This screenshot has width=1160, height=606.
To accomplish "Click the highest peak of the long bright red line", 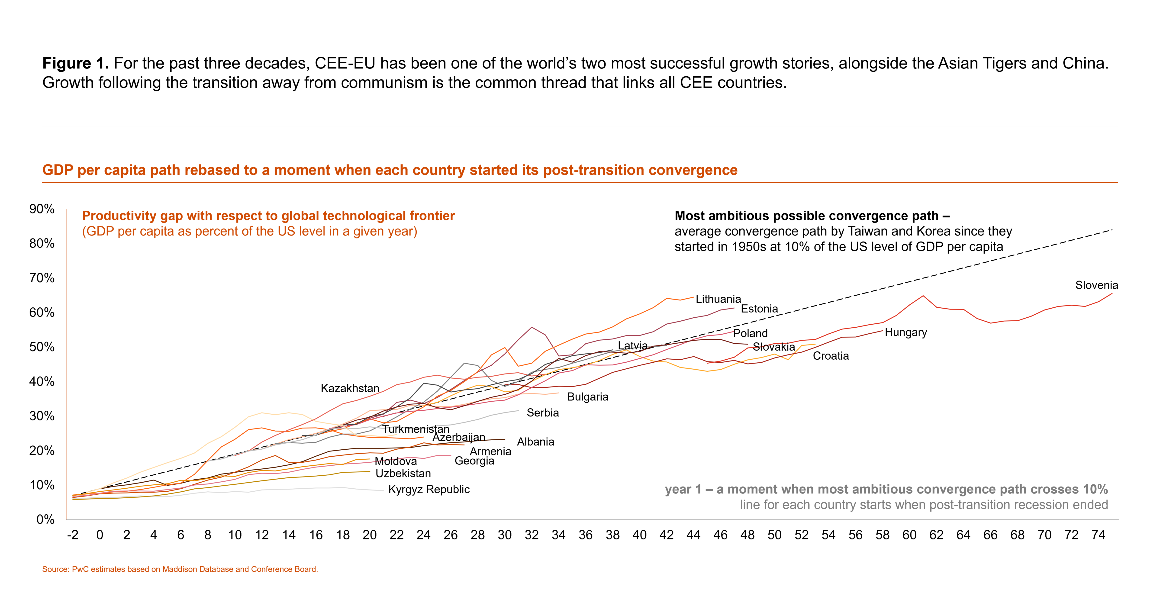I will pyautogui.click(x=923, y=296).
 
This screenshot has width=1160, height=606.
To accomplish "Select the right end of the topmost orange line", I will pyautogui.click(x=694, y=297).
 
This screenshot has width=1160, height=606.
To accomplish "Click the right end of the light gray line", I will pyautogui.click(x=518, y=411).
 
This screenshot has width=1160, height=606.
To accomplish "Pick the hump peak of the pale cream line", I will pyautogui.click(x=262, y=413).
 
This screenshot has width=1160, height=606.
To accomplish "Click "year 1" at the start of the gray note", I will pyautogui.click(x=683, y=489).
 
